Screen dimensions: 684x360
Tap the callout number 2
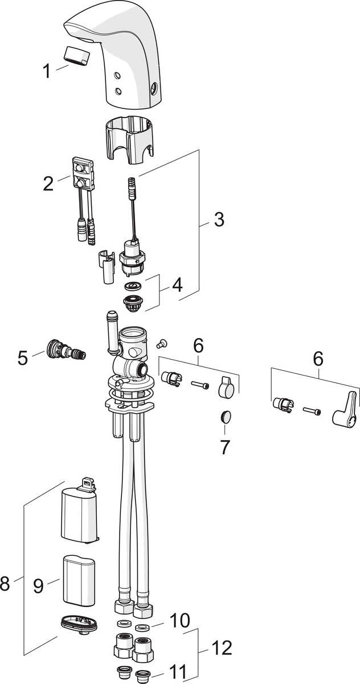click(48, 184)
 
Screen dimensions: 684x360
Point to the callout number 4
click(177, 284)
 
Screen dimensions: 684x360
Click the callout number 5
click(23, 358)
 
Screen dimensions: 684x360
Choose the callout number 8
click(6, 584)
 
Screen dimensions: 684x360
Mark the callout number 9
click(38, 586)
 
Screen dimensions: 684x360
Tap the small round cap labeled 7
click(226, 417)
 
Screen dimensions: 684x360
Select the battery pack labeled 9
click(79, 580)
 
